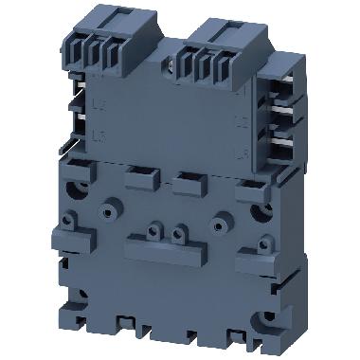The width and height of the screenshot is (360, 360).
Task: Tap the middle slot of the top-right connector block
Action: coord(212,63)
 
